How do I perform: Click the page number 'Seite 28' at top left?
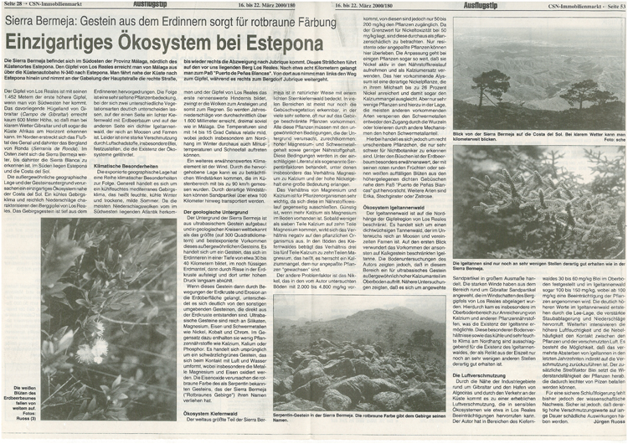click(x=14, y=6)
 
